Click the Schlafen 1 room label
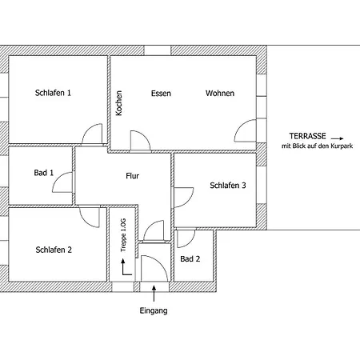53,93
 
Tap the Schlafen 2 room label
54,250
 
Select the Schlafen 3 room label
228,186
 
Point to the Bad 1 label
44,173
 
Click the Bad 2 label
190,259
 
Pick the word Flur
133,176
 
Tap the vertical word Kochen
119,103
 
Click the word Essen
161,94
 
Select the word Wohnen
220,94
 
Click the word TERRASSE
308,136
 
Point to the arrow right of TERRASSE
338,138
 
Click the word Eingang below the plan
154,311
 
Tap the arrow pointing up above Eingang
154,294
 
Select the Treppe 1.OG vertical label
123,235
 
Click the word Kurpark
342,146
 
